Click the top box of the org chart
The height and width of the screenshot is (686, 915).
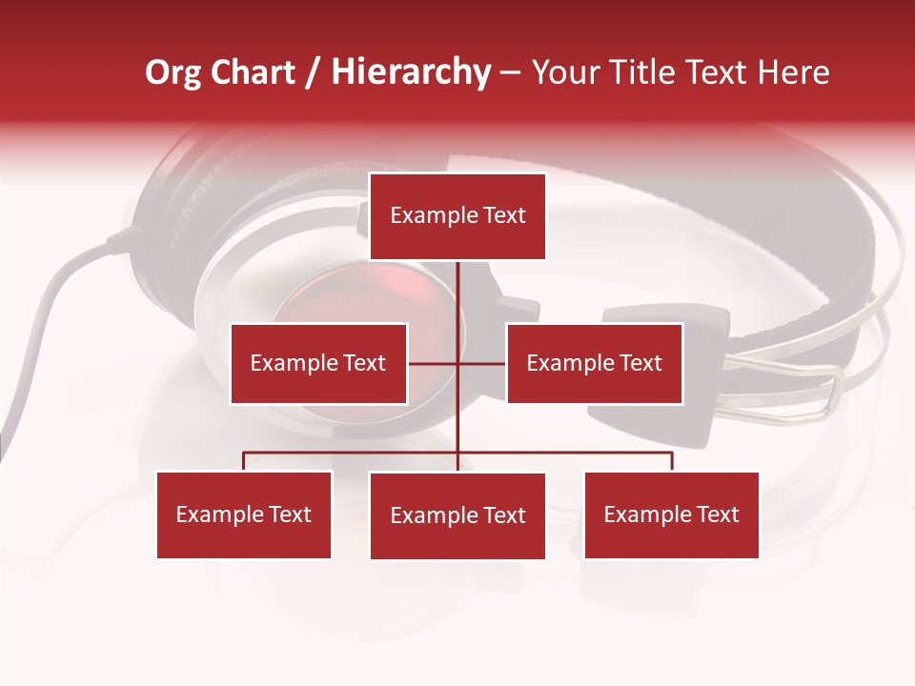tap(457, 216)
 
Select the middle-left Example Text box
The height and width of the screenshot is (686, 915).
tap(318, 363)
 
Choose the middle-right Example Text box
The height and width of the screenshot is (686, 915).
tap(594, 363)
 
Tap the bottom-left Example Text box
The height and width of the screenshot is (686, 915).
tap(244, 514)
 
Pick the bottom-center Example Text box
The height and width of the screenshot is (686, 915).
tap(457, 515)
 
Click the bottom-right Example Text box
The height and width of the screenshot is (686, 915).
tap(671, 514)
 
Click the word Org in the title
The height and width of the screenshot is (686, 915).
tap(173, 72)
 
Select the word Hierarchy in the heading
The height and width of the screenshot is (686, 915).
tap(411, 72)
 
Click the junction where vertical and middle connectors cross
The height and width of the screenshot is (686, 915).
tap(457, 363)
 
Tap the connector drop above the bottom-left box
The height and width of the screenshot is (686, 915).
tap(244, 461)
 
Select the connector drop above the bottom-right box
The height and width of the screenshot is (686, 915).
tap(672, 461)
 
